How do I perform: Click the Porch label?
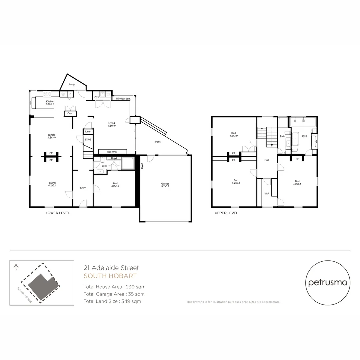[72, 85]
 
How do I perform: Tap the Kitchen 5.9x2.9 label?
[50, 103]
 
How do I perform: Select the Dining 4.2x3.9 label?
[51, 136]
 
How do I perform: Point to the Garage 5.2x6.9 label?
[165, 185]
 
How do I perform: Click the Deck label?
[158, 142]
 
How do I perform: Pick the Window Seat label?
[123, 99]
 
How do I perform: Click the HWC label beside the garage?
[142, 166]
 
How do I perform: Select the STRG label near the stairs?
[87, 139]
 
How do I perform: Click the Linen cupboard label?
[88, 132]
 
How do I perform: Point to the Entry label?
[83, 188]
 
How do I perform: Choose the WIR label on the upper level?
[267, 193]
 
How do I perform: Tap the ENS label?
[304, 136]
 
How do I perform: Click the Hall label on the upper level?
[267, 160]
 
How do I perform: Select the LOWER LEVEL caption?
[58, 213]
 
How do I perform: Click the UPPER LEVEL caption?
[226, 213]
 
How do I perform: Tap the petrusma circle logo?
[328, 283]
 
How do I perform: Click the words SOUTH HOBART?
[110, 276]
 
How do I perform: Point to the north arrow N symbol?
[16, 267]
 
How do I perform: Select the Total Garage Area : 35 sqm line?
[114, 294]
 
